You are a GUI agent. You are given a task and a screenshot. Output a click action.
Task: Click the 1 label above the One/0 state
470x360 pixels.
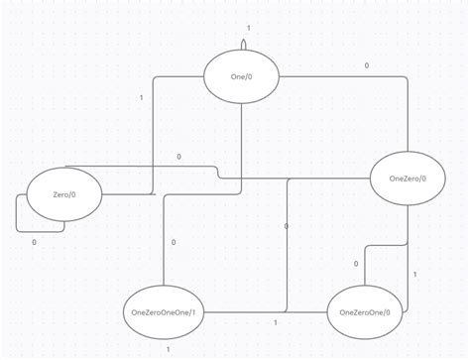coord(248,28)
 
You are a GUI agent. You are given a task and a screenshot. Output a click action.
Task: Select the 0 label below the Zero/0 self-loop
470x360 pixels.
coord(34,242)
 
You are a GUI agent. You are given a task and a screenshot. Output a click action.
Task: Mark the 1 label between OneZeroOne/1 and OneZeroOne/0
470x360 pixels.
coord(275,323)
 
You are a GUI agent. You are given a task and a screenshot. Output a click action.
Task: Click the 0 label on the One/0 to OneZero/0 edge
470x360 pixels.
coord(366,66)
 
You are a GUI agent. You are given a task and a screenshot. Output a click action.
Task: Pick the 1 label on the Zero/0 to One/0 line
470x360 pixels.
coord(141,97)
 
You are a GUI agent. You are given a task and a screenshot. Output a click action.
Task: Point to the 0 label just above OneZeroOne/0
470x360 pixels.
coord(356,264)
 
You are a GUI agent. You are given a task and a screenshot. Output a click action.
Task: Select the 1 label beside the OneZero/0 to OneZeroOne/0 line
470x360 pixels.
coord(414,273)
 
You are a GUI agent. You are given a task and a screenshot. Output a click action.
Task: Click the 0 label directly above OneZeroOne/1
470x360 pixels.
coord(174,242)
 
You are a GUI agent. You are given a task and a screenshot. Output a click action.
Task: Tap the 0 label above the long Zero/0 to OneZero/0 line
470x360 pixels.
coord(178,157)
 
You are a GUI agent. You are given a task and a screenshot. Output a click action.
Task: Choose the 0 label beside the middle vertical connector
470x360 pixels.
coord(286,226)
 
